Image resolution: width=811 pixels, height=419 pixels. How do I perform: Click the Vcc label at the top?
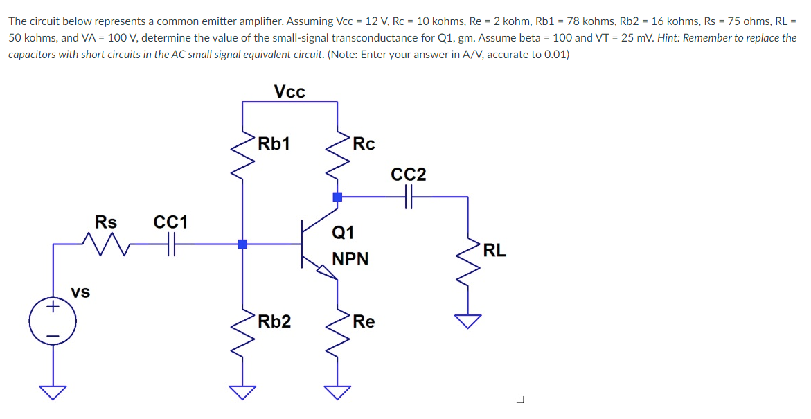[289, 92]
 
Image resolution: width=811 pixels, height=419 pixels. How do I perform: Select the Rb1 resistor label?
[274, 144]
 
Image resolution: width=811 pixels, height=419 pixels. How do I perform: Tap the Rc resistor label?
[364, 144]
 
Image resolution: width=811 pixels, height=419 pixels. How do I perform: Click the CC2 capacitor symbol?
[409, 197]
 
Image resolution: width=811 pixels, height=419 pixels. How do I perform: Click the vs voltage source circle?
[53, 322]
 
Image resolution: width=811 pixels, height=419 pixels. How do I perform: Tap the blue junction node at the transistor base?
[242, 244]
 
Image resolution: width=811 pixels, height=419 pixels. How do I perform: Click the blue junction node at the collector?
[337, 197]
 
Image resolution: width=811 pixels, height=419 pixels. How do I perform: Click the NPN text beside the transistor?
[350, 259]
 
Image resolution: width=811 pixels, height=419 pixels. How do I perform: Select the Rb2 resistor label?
[274, 321]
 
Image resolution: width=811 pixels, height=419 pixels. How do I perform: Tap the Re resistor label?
[364, 321]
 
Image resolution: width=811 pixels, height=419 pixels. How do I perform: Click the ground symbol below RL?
[469, 321]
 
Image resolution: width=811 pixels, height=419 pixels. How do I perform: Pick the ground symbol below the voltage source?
[53, 392]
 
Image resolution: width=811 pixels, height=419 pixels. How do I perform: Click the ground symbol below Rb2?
[242, 392]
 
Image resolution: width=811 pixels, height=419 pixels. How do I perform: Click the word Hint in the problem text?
[670, 37]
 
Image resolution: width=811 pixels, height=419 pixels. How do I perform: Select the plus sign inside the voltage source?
[53, 310]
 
